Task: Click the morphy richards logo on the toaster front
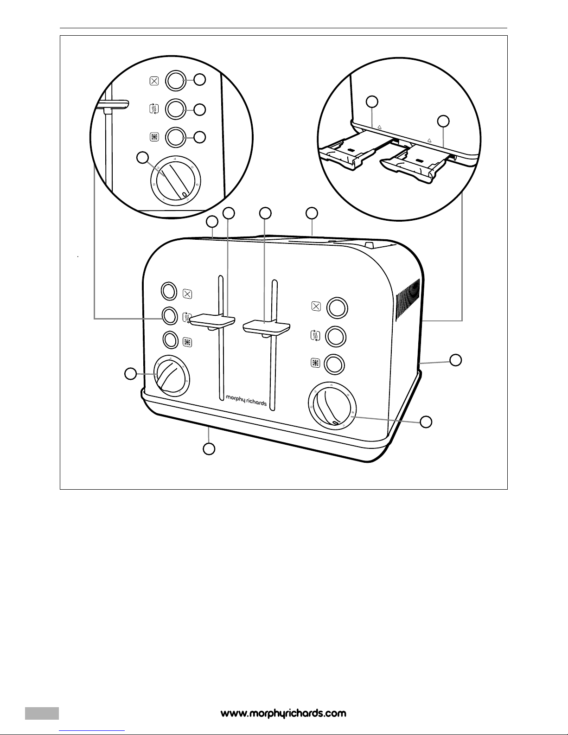coord(246,400)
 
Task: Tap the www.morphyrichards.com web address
coord(283,713)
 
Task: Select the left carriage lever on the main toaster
coord(214,320)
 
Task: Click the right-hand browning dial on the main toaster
coord(332,406)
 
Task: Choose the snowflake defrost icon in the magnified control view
coord(154,137)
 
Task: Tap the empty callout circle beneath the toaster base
coord(209,449)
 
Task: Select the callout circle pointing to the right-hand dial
coord(426,422)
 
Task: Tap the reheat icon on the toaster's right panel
coord(315,335)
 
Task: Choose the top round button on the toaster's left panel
coord(168,290)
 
